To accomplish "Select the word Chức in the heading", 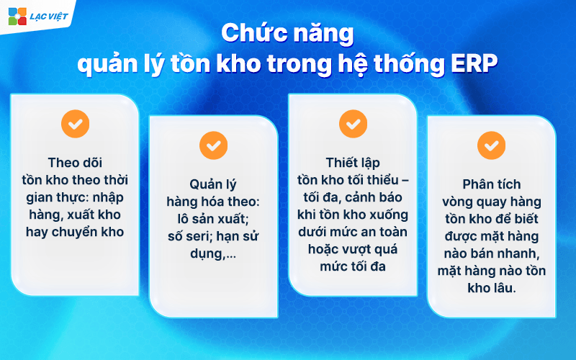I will [248, 33].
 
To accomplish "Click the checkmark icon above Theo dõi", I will [76, 123].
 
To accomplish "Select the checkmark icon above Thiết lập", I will [353, 123].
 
